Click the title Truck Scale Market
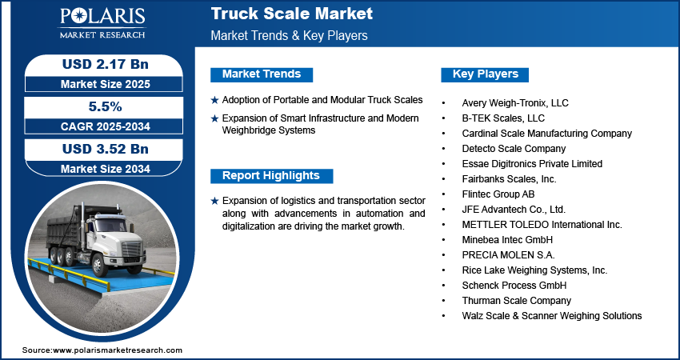pos(291,14)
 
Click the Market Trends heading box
pos(262,74)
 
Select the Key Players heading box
pos(485,74)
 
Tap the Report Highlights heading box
pos(270,176)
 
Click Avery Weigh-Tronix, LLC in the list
pos(515,103)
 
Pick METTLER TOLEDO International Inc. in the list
pos(542,225)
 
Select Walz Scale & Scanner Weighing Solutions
pos(551,316)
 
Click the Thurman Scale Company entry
pos(516,301)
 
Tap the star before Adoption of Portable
pos(214,101)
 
